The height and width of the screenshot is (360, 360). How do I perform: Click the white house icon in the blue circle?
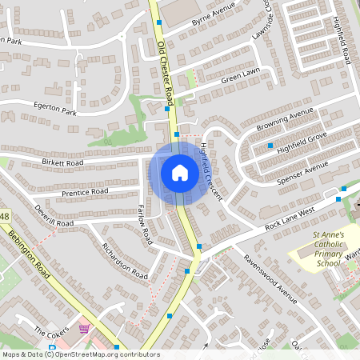[x=179, y=172]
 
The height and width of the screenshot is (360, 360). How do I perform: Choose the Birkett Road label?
[x=64, y=163]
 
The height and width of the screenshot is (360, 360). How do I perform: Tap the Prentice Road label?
[x=82, y=192]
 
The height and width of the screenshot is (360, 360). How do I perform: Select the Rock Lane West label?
[x=290, y=215]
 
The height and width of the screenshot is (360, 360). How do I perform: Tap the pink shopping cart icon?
[x=83, y=329]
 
